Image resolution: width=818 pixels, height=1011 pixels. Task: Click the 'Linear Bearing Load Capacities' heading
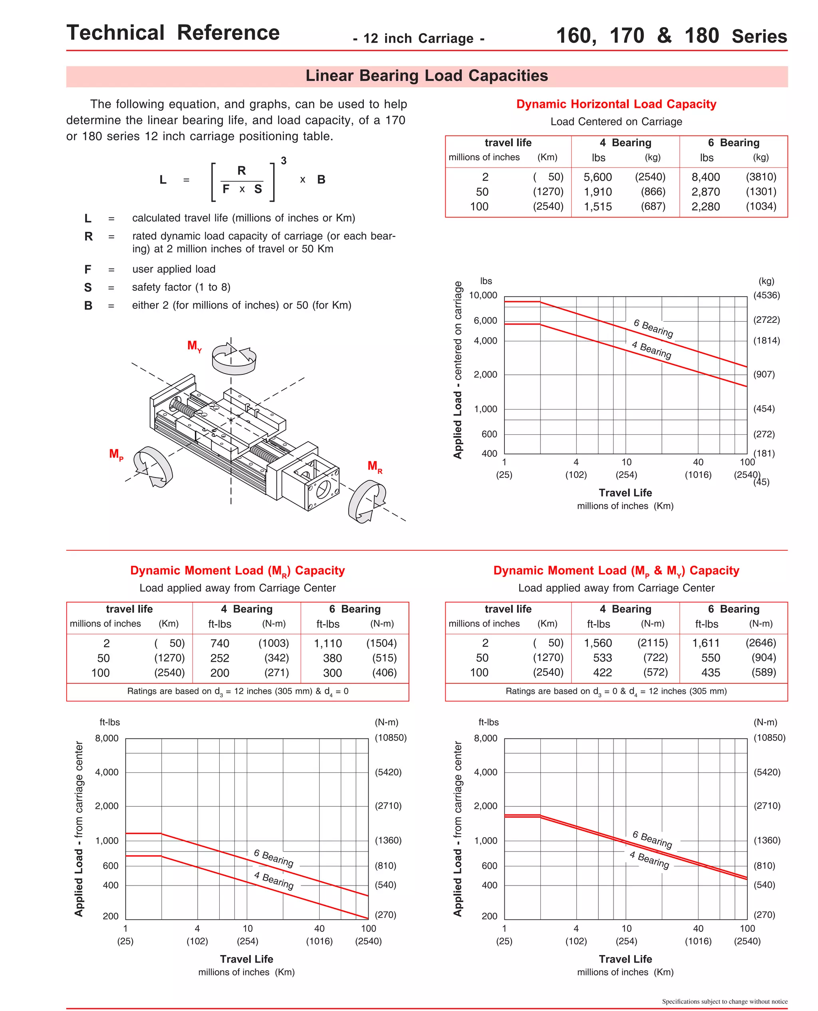(x=427, y=76)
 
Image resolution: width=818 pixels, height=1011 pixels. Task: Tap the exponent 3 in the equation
(x=284, y=161)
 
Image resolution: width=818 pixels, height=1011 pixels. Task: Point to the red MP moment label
(x=116, y=454)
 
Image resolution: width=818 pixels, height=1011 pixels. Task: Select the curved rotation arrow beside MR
(x=367, y=501)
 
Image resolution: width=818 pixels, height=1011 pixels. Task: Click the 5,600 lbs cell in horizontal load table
(x=598, y=177)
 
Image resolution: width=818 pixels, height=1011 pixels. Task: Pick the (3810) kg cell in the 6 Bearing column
(x=760, y=177)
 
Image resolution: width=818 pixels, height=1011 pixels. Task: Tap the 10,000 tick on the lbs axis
(x=483, y=296)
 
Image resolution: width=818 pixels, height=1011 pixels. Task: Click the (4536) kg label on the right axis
(x=766, y=296)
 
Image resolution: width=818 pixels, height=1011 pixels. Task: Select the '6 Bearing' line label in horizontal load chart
(x=653, y=328)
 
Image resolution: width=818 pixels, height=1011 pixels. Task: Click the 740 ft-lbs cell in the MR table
(x=220, y=643)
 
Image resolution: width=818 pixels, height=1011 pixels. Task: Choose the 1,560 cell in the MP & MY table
(x=598, y=643)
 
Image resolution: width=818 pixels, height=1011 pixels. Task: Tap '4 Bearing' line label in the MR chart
(x=273, y=880)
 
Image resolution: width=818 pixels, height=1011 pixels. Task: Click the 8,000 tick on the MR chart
(x=107, y=738)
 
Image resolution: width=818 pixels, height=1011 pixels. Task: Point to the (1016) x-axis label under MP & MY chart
(x=698, y=941)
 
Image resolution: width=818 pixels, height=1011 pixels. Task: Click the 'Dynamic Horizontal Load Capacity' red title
(x=616, y=104)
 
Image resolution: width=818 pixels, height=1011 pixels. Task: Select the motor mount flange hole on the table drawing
(x=324, y=489)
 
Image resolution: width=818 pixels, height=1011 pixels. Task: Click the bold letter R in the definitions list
(x=88, y=237)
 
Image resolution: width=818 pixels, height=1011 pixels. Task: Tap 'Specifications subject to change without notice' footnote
(x=724, y=1001)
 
